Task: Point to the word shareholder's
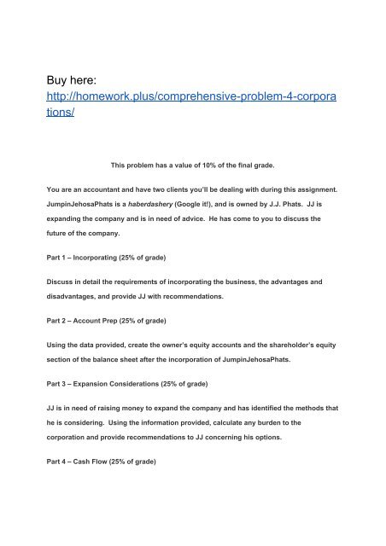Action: tap(297, 344)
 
